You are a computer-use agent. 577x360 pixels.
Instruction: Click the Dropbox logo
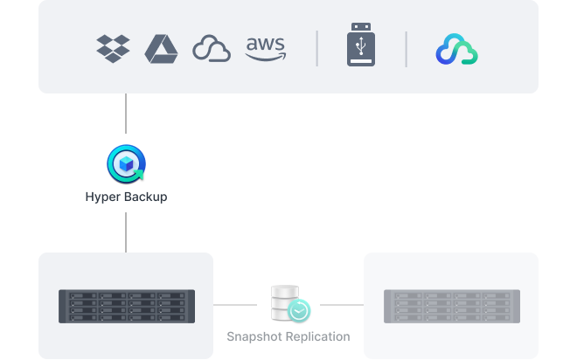coord(113,49)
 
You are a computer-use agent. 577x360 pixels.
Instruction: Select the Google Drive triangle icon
coord(161,49)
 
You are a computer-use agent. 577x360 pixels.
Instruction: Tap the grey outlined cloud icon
coord(212,48)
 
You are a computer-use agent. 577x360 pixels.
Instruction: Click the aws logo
coord(266,49)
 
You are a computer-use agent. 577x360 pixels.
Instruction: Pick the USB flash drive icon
coord(361,45)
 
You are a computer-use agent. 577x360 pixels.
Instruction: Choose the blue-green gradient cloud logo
coord(457,49)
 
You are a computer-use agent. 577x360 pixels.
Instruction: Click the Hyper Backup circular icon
coord(126,164)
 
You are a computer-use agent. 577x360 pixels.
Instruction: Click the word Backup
coord(144,197)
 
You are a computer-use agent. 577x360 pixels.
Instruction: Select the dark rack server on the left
coord(127,307)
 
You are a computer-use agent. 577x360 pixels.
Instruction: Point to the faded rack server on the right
coord(452,307)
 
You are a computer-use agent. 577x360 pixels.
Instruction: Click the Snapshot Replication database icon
coord(285,302)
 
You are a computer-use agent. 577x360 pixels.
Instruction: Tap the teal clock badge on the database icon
coord(299,311)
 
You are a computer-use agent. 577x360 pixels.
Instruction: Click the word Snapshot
coord(254,336)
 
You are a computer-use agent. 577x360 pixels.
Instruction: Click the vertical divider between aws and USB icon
coord(316,49)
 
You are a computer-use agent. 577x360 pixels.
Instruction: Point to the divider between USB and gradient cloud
coord(407,49)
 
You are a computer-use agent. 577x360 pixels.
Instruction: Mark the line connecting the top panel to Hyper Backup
coord(126,114)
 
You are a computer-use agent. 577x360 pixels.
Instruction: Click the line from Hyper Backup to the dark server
coord(126,232)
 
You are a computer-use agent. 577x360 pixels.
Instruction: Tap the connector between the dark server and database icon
coord(235,305)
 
